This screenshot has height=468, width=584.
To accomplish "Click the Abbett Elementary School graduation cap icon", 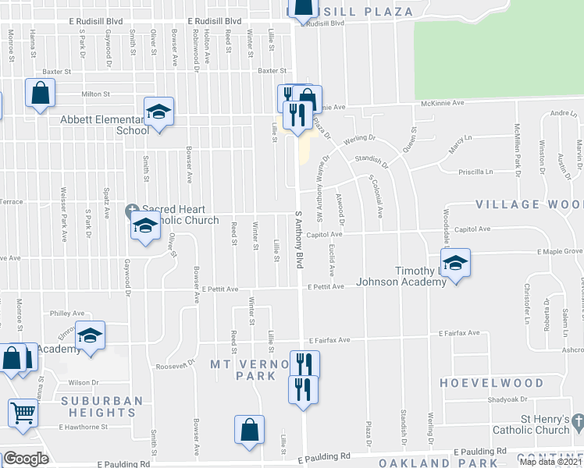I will click(158, 112).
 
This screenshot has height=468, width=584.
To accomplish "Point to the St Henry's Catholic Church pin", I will click(577, 422).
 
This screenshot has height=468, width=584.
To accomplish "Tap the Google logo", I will click(26, 459).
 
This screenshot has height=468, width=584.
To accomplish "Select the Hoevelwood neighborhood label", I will click(491, 383).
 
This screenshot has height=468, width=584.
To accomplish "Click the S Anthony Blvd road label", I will click(298, 239).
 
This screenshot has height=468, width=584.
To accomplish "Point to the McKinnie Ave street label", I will click(443, 102).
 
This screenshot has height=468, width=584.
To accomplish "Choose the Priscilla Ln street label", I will click(479, 172).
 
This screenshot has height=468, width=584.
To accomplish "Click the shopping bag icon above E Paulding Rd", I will click(249, 429).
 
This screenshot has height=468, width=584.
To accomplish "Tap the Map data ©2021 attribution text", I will click(550, 462).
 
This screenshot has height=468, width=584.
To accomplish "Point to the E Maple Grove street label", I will click(560, 251).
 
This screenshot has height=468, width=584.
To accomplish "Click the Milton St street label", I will click(95, 94).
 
